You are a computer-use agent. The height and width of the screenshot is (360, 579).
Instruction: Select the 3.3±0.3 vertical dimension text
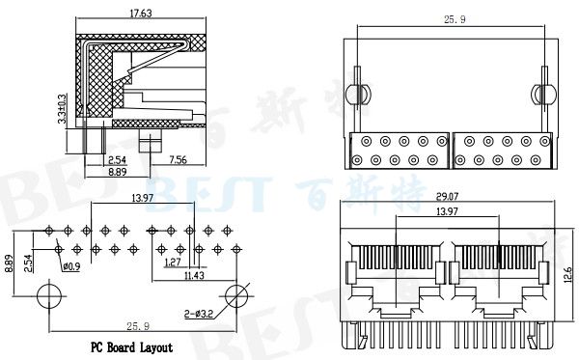click(x=62, y=111)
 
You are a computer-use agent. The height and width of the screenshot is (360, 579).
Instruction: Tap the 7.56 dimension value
click(x=178, y=159)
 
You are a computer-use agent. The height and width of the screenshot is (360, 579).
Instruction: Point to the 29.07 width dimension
click(x=447, y=196)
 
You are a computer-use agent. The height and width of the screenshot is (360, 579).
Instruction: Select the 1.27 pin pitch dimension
click(x=174, y=262)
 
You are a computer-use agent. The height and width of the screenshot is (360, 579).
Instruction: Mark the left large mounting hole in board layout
click(x=47, y=294)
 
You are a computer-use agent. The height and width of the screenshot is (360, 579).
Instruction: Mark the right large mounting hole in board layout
click(x=235, y=294)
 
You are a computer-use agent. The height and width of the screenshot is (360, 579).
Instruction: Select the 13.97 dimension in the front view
click(x=447, y=211)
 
